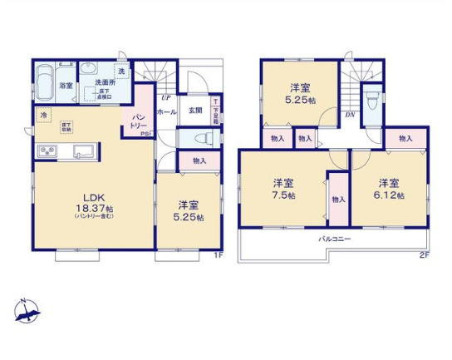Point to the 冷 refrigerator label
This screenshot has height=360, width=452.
click(x=42, y=116)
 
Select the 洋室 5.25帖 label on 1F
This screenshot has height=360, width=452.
click(x=188, y=210)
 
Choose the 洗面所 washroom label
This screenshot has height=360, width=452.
click(x=104, y=81)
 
